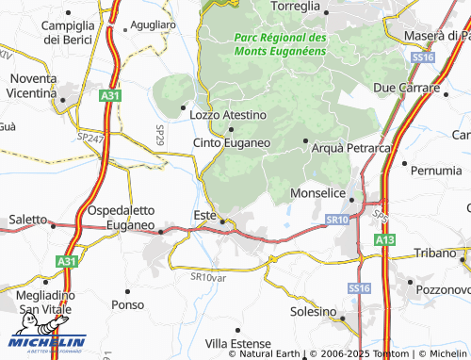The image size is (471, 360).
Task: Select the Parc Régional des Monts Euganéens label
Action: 280,44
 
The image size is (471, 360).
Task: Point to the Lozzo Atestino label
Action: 228,115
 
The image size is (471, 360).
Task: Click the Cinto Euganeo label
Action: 232,142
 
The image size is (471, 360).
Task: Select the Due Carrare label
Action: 408,88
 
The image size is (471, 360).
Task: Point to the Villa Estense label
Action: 237,343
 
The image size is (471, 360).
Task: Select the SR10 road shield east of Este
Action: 337,219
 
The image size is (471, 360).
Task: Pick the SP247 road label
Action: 91,137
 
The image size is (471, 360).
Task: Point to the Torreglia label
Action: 295,7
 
